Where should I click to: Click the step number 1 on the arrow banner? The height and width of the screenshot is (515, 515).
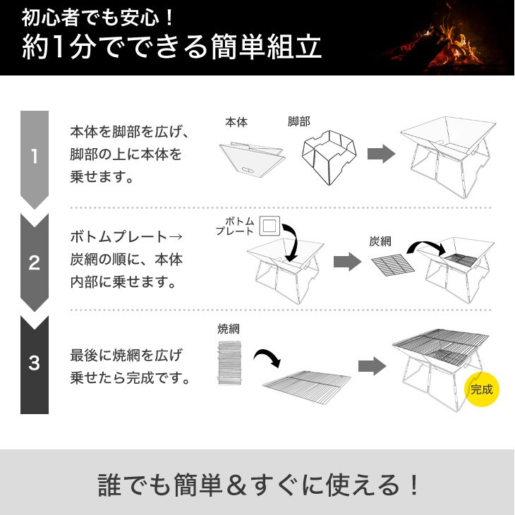pos(35,157)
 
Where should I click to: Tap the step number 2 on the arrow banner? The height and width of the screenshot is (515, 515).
pos(35,262)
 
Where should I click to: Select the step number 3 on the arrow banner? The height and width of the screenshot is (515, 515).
pos(35,363)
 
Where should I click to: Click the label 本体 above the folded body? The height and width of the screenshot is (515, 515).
pos(236,122)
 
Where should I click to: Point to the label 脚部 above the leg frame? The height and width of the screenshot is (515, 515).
pos(299,121)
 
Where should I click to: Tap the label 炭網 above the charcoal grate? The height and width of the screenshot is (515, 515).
pos(380,241)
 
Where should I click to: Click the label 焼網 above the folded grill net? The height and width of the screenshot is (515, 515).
pos(229,329)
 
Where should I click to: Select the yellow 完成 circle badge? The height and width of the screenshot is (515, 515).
pos(482,389)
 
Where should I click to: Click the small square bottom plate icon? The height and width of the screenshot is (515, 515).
pos(269,226)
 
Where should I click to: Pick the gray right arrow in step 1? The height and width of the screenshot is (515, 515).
pos(381,153)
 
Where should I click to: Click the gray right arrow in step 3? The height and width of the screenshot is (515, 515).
pos(372,366)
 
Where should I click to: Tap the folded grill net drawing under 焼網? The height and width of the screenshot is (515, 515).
pos(229,363)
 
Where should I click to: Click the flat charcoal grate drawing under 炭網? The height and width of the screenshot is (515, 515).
pos(393,265)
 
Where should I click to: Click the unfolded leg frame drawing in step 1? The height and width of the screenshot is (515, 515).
pos(329,157)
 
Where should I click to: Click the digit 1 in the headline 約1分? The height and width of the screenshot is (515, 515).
pos(59,47)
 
